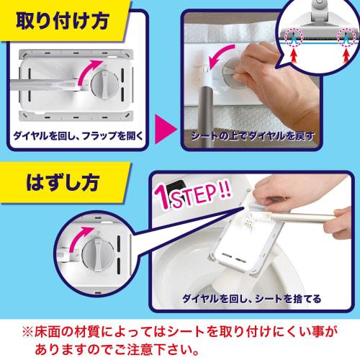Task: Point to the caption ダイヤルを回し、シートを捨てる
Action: (x=261, y=296)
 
